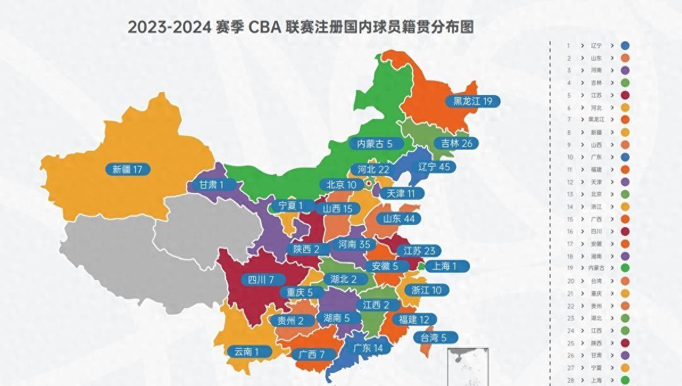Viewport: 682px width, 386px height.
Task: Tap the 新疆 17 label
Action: click(131, 169)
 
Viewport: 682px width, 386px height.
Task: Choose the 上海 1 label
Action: click(448, 265)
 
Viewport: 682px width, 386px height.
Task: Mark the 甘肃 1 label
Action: click(211, 185)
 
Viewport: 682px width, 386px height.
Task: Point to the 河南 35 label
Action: click(354, 245)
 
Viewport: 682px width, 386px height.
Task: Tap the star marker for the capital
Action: click(368, 183)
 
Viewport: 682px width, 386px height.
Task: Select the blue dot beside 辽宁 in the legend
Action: click(625, 46)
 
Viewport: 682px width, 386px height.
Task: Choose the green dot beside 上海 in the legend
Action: click(625, 380)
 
